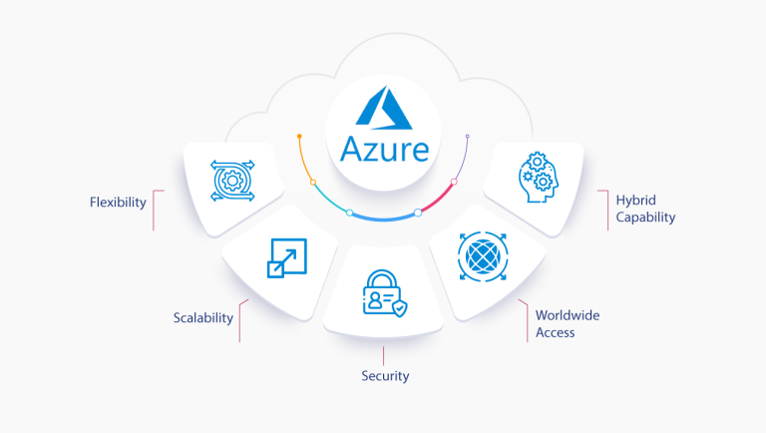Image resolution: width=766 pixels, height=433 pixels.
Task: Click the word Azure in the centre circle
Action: (384, 149)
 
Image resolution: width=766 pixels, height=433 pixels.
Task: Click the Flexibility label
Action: (117, 203)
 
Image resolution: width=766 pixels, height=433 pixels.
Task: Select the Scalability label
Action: (202, 318)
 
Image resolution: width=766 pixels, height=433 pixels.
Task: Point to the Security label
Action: (385, 376)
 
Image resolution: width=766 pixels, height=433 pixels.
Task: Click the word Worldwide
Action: (568, 315)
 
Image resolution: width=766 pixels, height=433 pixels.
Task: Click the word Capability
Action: (645, 216)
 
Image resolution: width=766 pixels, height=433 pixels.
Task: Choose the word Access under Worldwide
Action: (555, 332)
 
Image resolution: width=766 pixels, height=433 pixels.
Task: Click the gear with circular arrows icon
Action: (234, 180)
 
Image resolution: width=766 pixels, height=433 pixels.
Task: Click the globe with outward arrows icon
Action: (482, 254)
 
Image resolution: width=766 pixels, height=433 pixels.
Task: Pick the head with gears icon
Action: (540, 177)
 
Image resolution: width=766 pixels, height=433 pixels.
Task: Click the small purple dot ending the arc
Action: (467, 136)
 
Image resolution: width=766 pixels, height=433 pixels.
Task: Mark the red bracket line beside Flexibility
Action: (153, 210)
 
